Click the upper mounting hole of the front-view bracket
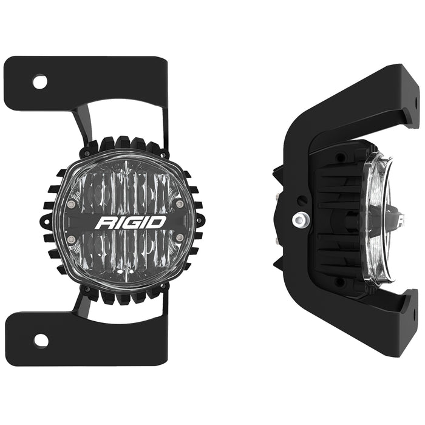point(39,82)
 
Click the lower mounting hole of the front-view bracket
point(39,340)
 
